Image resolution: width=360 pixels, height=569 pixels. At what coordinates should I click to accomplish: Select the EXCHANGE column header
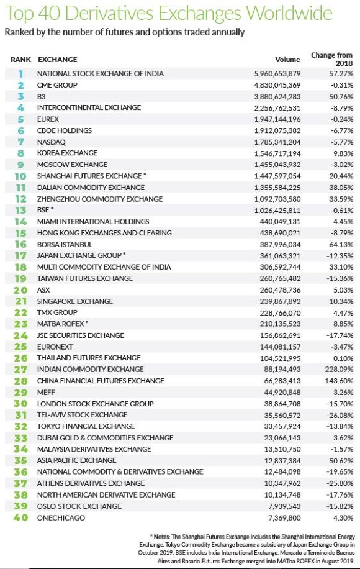pos(58,60)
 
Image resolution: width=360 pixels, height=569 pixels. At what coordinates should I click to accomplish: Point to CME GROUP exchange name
pos(58,85)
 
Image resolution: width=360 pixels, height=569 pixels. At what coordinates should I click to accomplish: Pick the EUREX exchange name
pos(50,119)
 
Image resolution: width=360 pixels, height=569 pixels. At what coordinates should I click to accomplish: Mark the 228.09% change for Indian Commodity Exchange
pos(339,369)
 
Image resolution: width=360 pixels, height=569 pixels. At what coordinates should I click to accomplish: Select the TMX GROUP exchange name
pos(58,312)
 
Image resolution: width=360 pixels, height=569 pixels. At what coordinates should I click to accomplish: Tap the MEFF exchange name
pos(47,392)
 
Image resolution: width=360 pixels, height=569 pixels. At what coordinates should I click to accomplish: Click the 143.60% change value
pos(339,381)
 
